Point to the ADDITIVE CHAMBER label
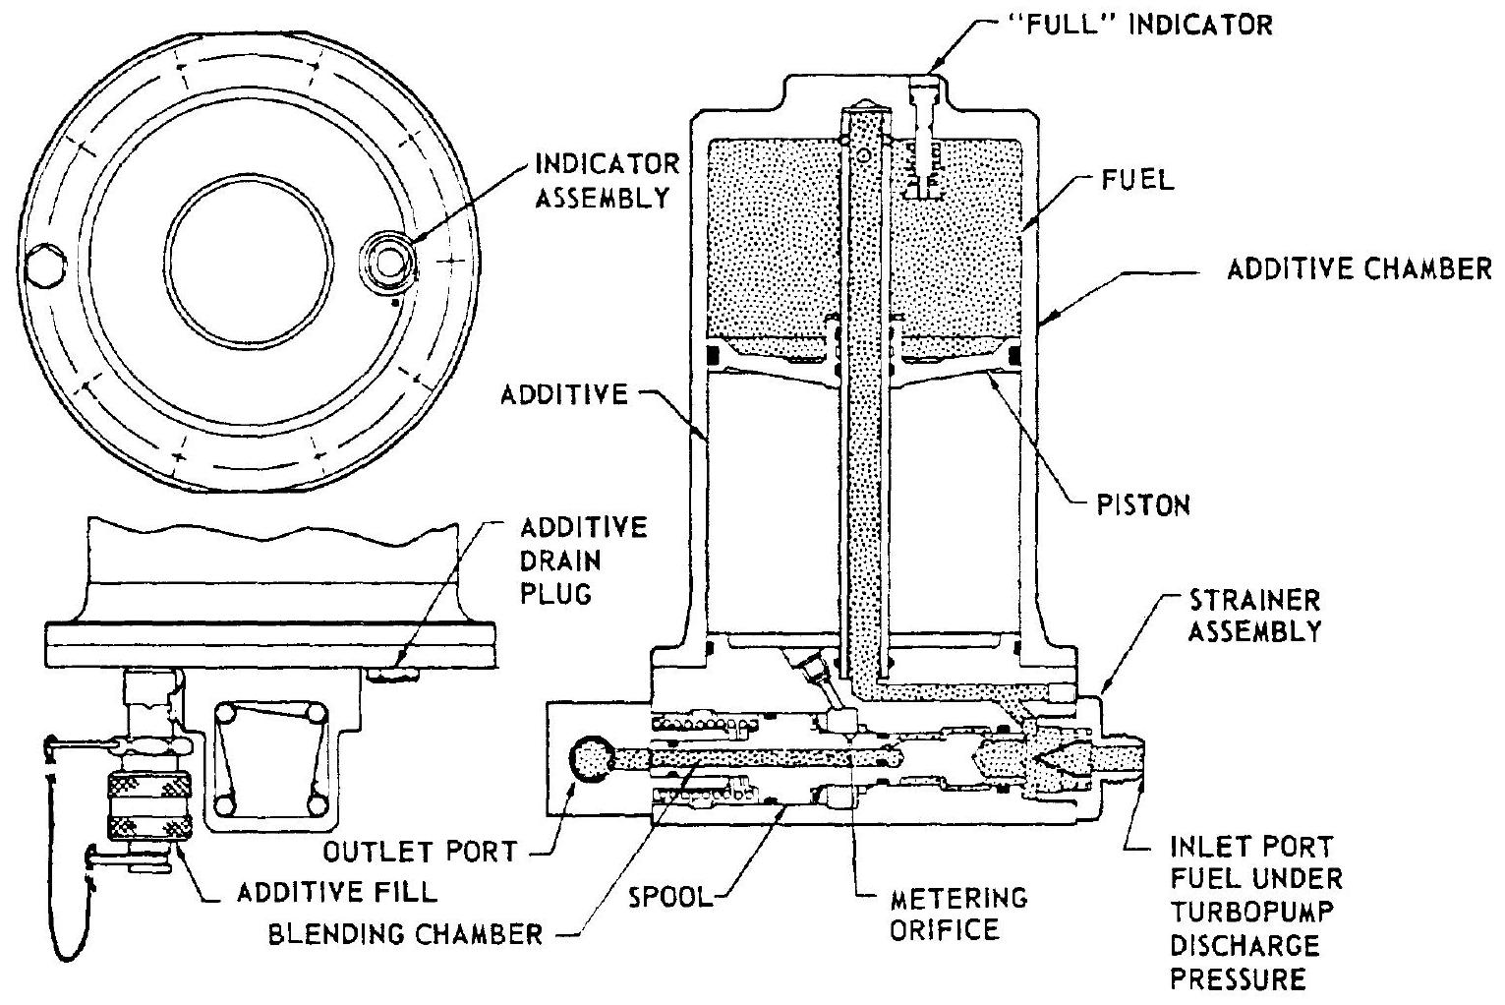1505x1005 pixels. click(1360, 269)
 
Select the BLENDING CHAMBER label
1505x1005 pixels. click(406, 933)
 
